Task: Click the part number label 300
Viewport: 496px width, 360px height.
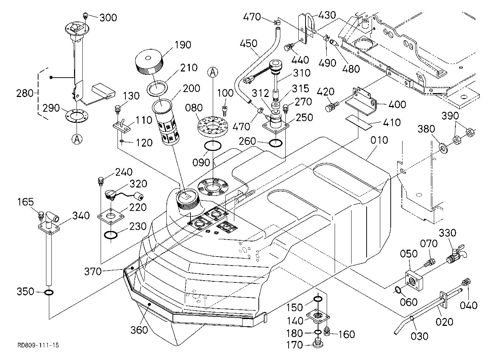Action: point(108,18)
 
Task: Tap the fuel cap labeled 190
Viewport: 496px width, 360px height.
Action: point(149,63)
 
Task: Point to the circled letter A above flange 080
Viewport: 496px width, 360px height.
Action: point(213,73)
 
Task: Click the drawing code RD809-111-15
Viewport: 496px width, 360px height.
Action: point(38,345)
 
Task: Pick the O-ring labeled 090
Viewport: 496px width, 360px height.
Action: point(212,146)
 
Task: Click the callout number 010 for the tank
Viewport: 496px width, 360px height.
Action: point(379,140)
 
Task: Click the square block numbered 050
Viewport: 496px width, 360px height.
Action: point(414,280)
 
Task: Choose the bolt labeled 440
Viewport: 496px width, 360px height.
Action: point(289,47)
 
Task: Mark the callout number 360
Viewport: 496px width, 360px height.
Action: point(139,330)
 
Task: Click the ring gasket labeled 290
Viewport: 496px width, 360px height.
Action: point(77,115)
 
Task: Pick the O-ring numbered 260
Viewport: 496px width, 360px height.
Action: point(276,143)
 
